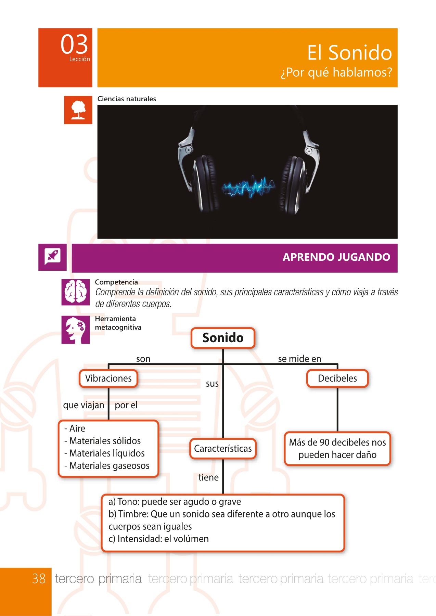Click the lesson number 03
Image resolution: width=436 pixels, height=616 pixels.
74,44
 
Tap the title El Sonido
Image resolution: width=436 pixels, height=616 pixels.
349,53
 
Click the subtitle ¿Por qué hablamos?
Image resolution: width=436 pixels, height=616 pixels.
336,72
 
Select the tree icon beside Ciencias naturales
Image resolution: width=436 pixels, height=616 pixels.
78,110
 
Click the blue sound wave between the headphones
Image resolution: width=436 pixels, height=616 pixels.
248,187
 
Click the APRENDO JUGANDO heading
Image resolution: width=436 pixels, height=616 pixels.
336,257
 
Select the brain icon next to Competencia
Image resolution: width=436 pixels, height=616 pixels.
76,292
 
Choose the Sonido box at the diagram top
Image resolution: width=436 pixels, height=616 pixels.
223,338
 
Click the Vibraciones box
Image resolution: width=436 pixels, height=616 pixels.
108,378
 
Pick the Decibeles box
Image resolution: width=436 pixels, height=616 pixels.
337,378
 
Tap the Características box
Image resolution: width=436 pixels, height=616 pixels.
223,449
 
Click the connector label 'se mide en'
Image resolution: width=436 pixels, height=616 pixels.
300,359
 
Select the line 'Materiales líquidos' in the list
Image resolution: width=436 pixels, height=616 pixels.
104,453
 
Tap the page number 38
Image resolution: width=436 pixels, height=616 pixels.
39,579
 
